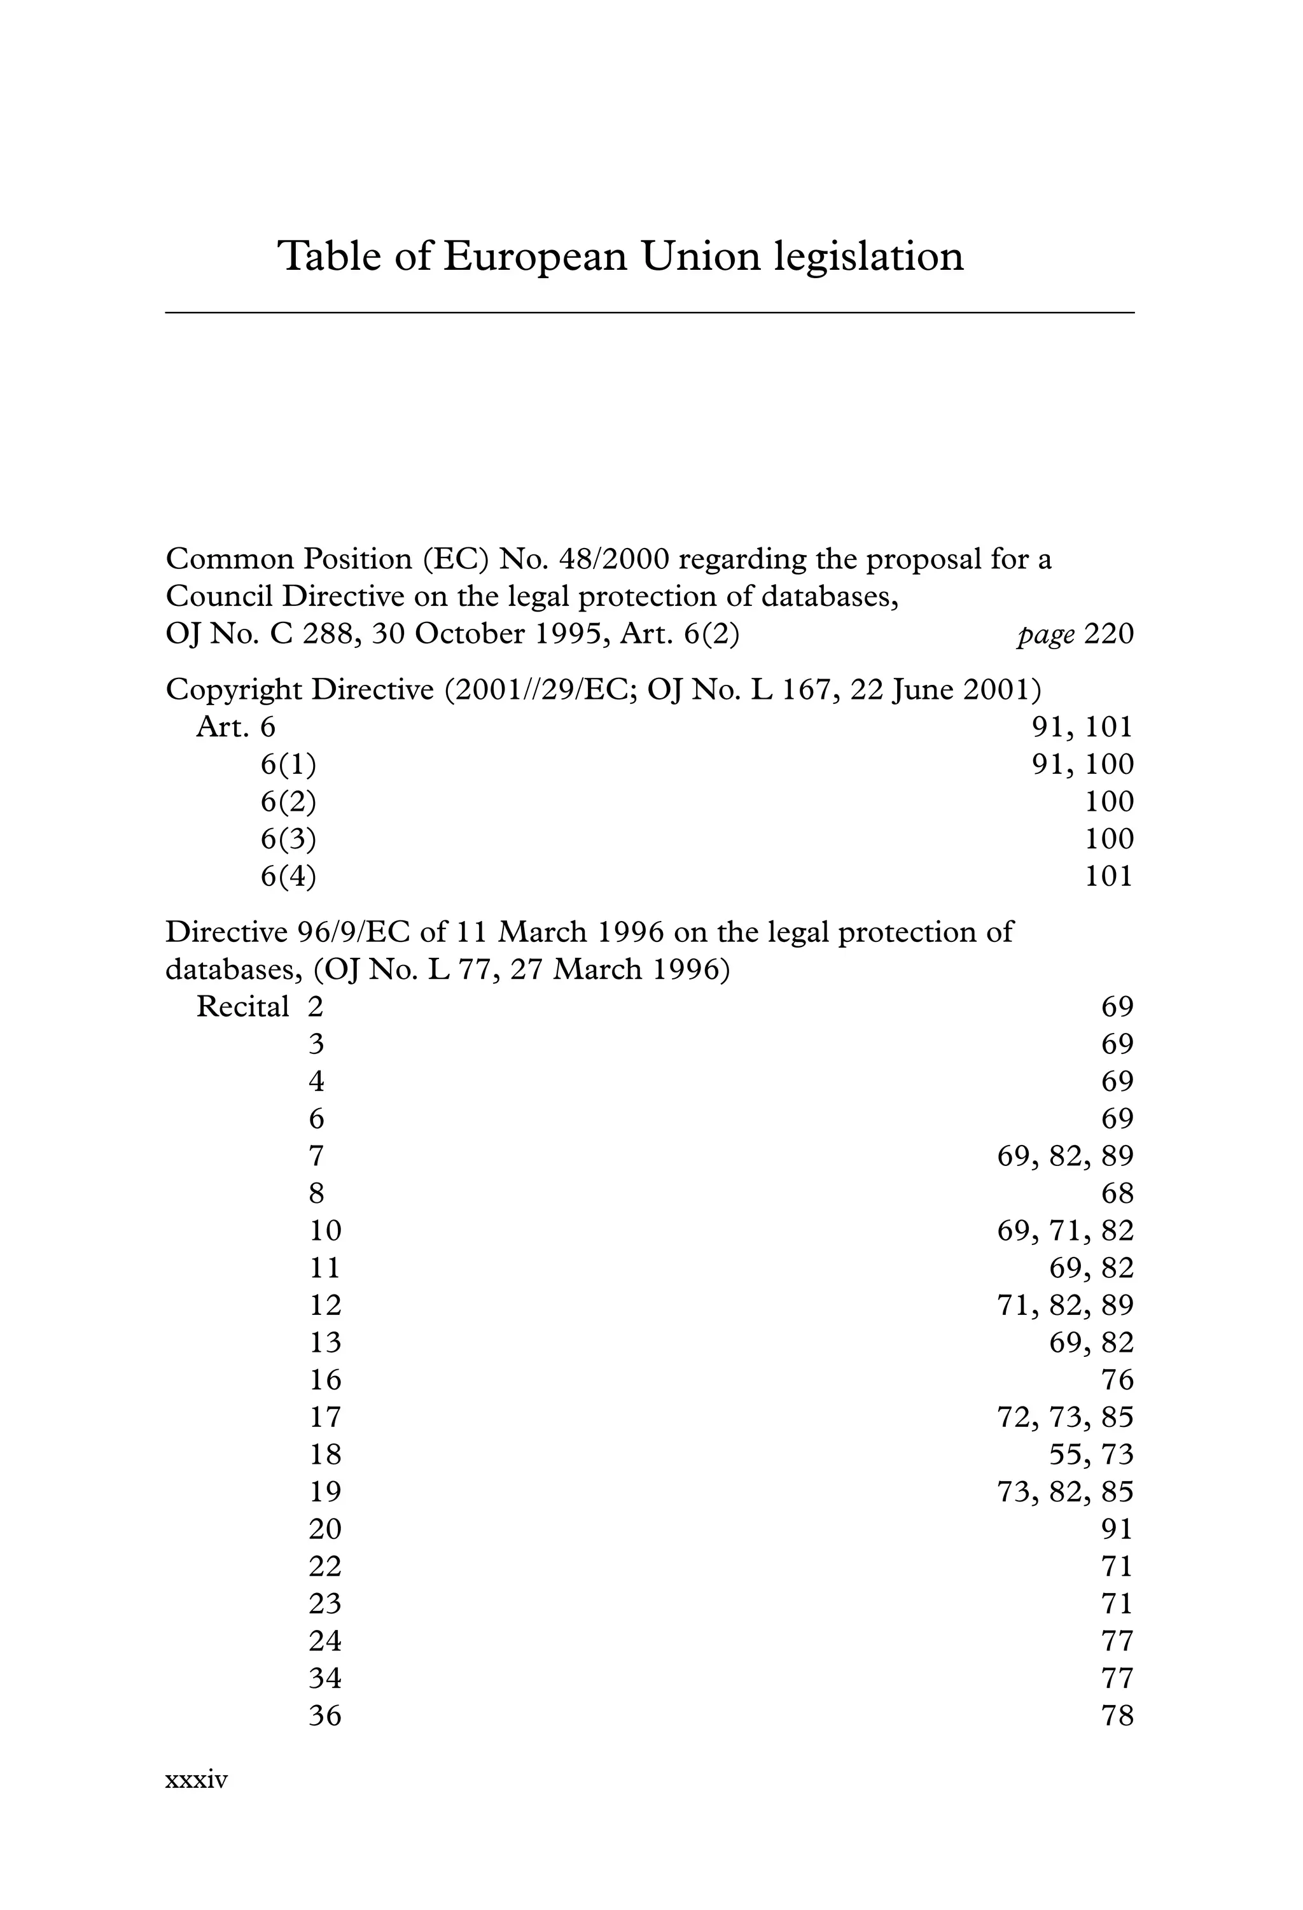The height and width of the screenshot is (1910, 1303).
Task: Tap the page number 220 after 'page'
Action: (1108, 635)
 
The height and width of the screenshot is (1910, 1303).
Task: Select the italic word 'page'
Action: (1045, 635)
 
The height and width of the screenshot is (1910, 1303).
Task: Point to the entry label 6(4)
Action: (288, 877)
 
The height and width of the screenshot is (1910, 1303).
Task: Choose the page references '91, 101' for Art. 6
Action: (1082, 727)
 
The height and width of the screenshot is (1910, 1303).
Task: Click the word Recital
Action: (242, 1008)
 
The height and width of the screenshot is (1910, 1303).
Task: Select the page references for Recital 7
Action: (1065, 1156)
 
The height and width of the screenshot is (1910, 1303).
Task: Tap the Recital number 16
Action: (324, 1380)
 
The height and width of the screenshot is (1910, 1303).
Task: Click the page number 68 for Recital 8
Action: (1117, 1193)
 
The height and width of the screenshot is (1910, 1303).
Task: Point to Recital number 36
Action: (324, 1716)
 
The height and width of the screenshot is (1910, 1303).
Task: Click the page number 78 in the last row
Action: (1117, 1716)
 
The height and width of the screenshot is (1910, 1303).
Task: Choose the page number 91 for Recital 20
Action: (1117, 1529)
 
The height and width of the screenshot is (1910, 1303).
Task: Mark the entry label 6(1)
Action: (288, 765)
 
